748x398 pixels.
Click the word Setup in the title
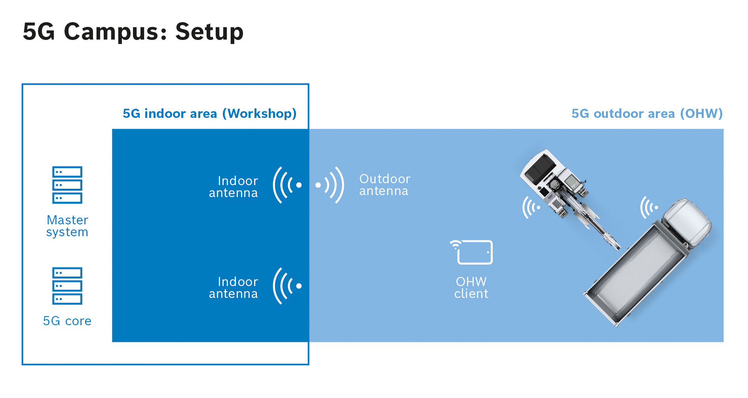click(x=209, y=32)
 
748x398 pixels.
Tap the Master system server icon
click(x=67, y=185)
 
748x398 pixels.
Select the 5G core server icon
click(x=67, y=286)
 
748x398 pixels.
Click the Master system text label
click(x=67, y=226)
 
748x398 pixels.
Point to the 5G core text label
click(x=67, y=321)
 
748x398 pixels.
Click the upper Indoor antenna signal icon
click(x=287, y=185)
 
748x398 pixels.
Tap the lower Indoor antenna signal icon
click(x=287, y=286)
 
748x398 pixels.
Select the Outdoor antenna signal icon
click(x=330, y=185)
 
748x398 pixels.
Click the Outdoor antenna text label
click(x=384, y=185)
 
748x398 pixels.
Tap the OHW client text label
click(x=471, y=288)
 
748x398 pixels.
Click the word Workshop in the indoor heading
click(x=260, y=114)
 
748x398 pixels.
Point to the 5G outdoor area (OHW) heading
click(x=647, y=114)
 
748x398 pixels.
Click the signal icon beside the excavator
click(x=531, y=207)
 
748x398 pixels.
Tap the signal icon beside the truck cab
click(x=649, y=207)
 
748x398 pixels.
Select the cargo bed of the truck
click(x=637, y=277)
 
